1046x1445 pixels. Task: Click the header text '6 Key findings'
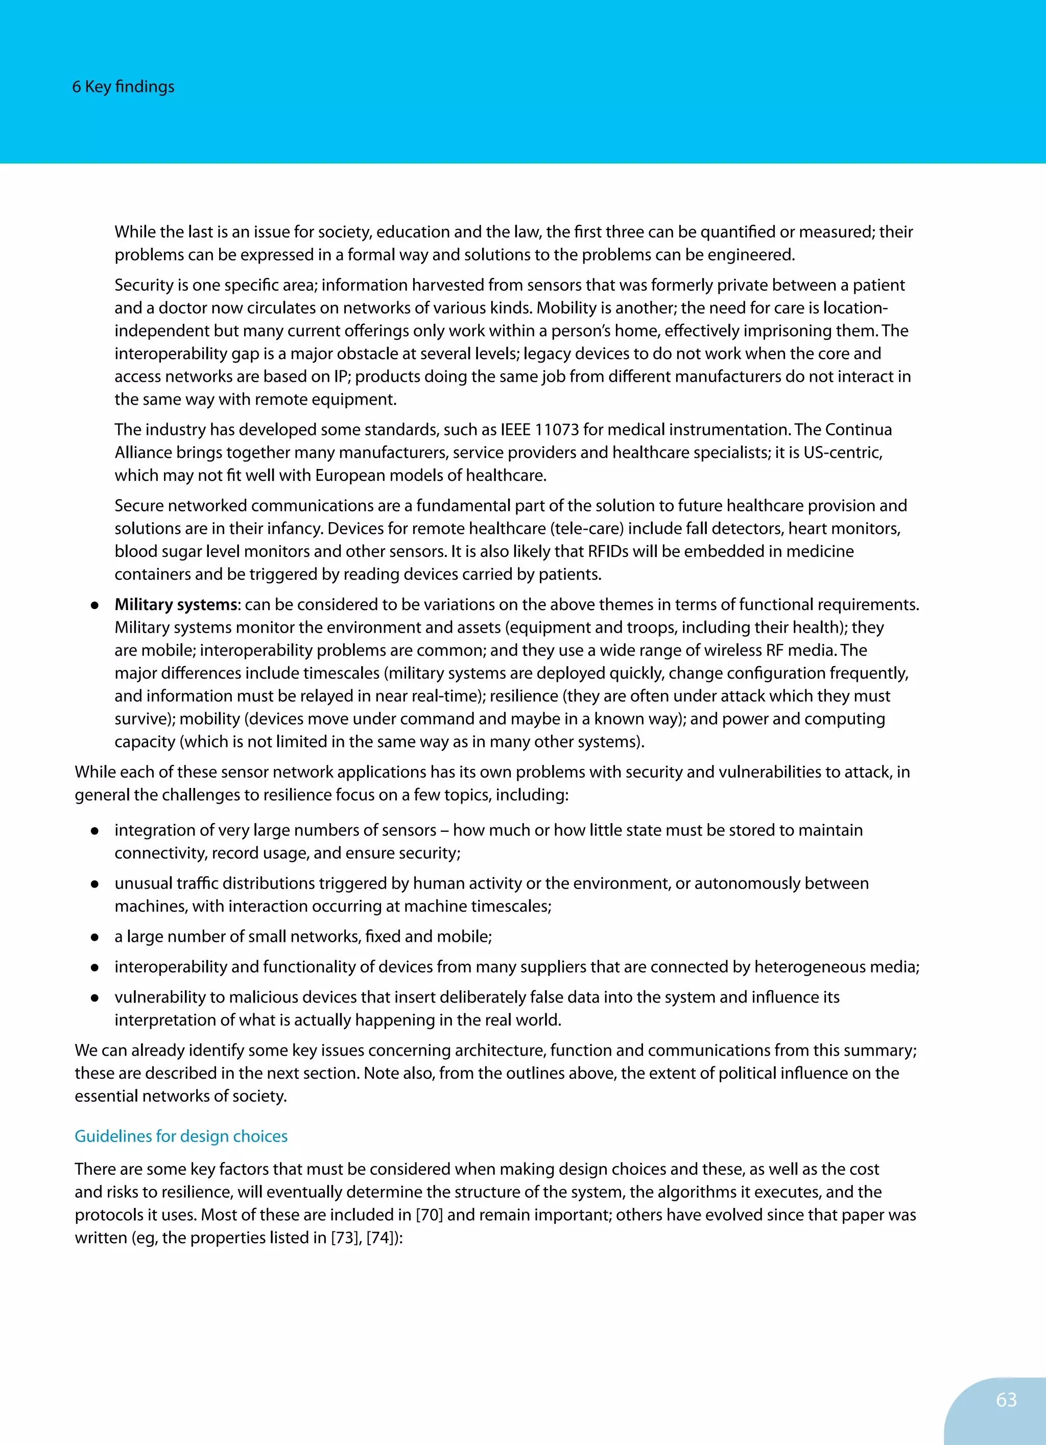click(x=123, y=87)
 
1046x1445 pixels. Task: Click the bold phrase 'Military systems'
click(x=176, y=604)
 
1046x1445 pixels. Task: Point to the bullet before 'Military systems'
click(x=94, y=605)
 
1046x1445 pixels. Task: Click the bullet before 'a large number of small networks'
click(x=94, y=937)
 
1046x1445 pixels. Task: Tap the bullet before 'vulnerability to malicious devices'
click(x=94, y=998)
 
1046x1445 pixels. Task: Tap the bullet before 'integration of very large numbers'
click(x=94, y=831)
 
